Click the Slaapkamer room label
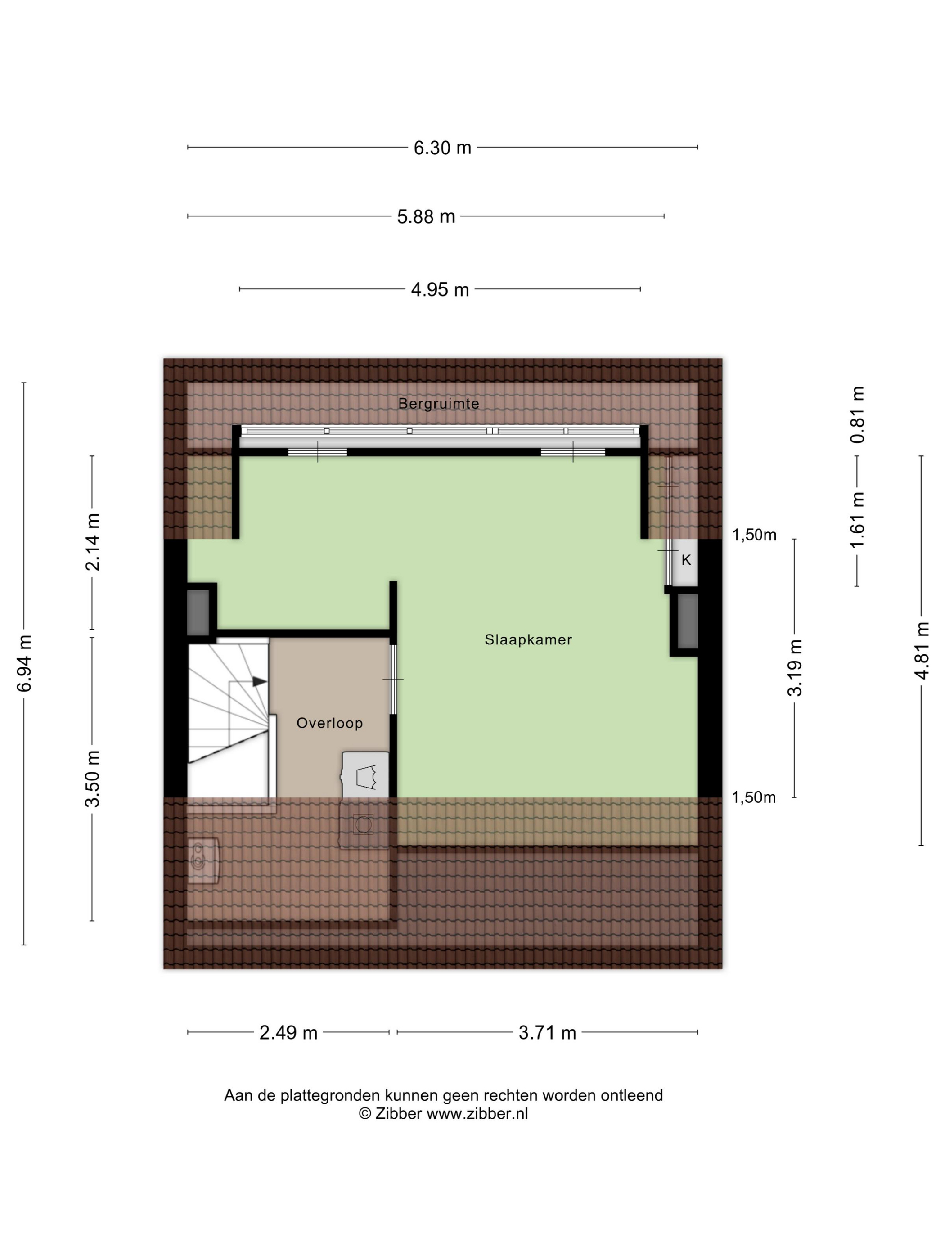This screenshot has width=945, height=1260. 528,640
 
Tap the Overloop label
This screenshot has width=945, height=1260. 330,723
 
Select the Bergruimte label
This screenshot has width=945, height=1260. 439,403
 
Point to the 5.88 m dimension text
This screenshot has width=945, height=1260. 426,216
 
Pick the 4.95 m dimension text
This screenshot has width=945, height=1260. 440,289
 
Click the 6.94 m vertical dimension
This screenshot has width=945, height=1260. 24,663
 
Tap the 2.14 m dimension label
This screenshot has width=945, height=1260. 92,542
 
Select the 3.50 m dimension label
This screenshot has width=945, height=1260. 92,778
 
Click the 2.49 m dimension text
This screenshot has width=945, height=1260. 288,1033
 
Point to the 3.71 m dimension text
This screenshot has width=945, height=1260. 547,1033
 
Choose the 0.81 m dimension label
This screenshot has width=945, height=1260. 857,415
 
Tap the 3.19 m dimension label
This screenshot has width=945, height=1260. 795,668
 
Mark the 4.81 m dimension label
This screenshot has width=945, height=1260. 922,651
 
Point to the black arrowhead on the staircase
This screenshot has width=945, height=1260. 260,681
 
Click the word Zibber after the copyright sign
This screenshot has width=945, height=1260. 398,1114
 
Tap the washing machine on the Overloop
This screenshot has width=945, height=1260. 365,775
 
